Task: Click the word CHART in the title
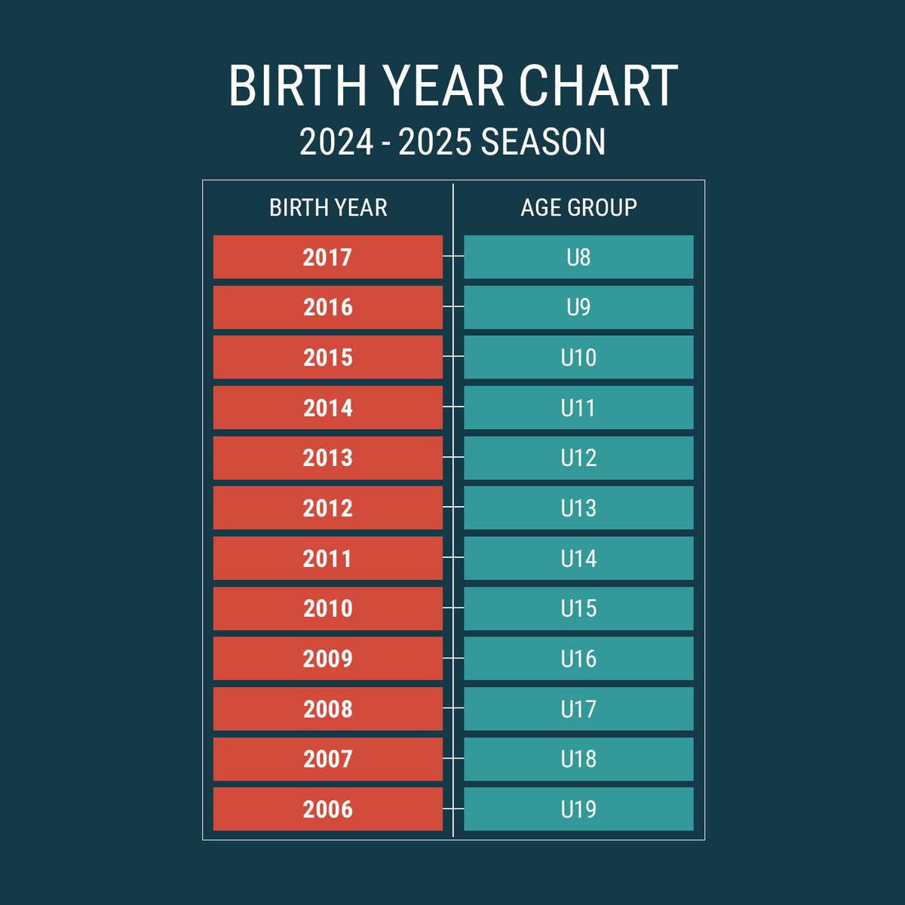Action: coord(598,86)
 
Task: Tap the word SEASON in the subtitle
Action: coord(543,141)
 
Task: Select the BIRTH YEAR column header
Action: coord(328,207)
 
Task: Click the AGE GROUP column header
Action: coord(578,207)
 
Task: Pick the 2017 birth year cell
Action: coord(328,257)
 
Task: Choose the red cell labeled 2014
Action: coord(328,407)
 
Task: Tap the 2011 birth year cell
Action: coord(328,558)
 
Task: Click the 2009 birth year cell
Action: coord(328,658)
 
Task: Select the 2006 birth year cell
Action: coord(328,808)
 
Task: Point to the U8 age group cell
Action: coord(578,257)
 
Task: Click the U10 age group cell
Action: coord(578,357)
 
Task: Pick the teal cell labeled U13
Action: coord(578,508)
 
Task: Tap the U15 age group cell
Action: coord(578,608)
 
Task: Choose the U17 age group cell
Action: coord(578,709)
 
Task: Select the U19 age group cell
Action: coord(578,808)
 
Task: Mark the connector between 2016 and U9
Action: coord(453,306)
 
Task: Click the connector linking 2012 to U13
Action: coord(453,507)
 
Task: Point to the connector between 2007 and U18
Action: coord(453,758)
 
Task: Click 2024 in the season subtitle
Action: coord(336,141)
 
